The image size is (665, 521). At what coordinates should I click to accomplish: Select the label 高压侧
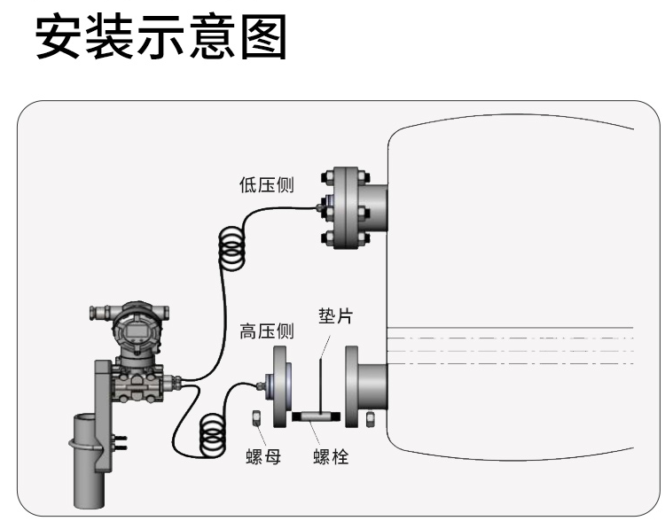(267, 331)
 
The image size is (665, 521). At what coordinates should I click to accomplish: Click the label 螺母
(264, 458)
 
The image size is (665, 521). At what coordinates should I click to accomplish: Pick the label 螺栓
(332, 458)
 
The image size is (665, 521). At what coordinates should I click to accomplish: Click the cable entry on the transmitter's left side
(97, 314)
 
